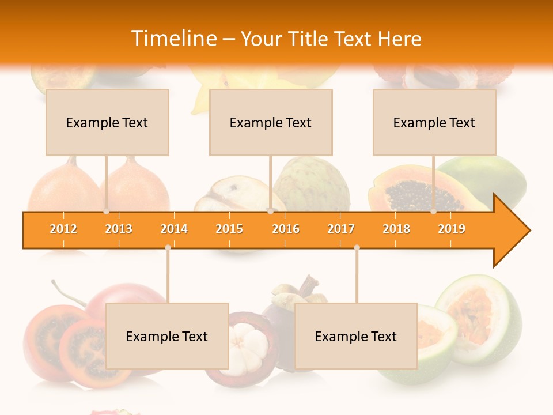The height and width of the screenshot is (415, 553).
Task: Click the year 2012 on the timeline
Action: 63,229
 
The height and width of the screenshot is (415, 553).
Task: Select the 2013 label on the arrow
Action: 119,229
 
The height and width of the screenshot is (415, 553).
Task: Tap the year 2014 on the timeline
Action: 174,229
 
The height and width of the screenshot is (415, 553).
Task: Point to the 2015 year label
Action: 229,229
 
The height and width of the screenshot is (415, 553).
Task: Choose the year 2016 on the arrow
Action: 286,229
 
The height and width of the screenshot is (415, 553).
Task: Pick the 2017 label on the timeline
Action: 341,229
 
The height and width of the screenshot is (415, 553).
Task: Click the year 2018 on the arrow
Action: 396,229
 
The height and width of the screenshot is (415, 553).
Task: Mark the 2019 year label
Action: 452,229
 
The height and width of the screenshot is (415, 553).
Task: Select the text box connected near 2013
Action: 107,122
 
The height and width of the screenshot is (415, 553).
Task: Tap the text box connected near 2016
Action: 271,122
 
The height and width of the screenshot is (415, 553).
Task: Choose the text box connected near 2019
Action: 434,122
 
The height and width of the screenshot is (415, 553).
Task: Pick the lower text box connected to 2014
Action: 167,336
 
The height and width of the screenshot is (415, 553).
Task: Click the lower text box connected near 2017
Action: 356,336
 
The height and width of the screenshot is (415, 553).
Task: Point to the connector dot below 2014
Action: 168,247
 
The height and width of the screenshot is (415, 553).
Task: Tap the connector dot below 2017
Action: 357,247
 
